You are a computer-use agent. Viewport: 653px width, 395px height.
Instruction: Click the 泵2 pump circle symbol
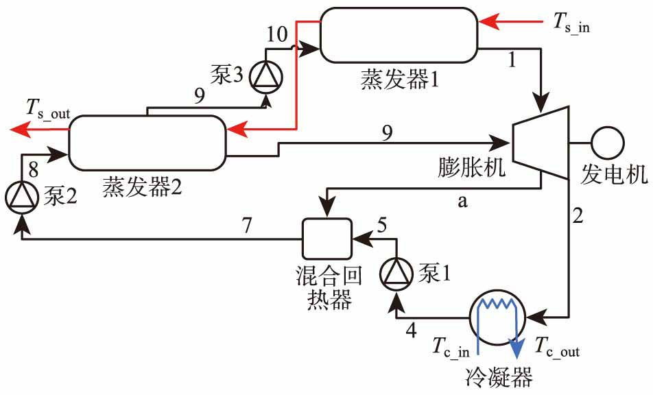pyautogui.click(x=21, y=197)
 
